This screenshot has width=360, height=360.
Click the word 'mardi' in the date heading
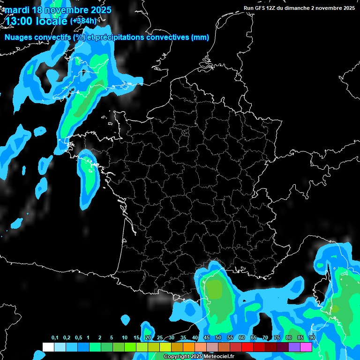point(15,10)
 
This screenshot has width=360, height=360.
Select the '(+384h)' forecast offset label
point(83,21)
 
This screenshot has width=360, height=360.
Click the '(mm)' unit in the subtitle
point(200,37)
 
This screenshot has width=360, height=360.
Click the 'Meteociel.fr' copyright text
point(218,357)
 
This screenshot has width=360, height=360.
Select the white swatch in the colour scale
point(48,347)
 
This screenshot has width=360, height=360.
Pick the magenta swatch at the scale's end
point(306,347)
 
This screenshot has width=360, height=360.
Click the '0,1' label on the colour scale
point(55,338)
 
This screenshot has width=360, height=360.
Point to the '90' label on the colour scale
point(312,338)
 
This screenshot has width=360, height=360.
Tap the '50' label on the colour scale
point(218,338)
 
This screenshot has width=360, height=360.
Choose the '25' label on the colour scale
point(160,338)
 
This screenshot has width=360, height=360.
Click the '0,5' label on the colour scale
point(78,338)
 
